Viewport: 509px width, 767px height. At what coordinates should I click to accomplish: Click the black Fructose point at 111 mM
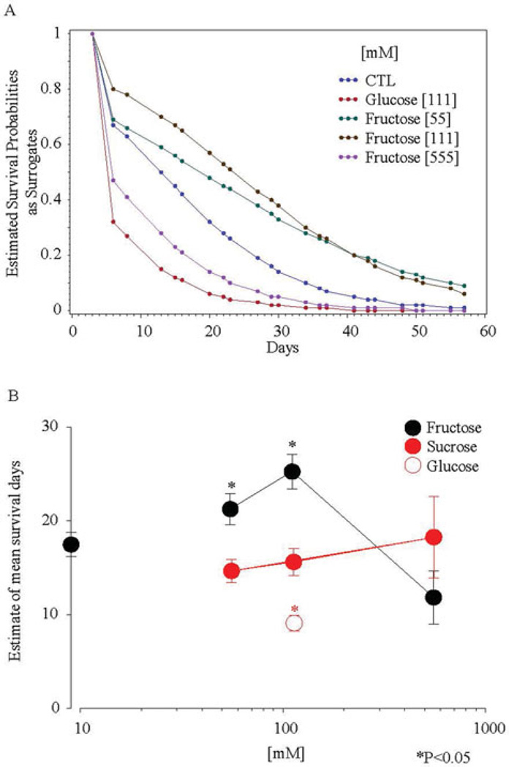click(x=293, y=471)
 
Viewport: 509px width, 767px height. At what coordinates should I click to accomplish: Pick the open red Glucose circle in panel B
click(x=294, y=623)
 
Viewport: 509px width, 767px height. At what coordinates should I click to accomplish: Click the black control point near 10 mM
click(x=71, y=544)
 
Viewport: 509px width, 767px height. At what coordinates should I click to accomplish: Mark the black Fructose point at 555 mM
click(x=434, y=598)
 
